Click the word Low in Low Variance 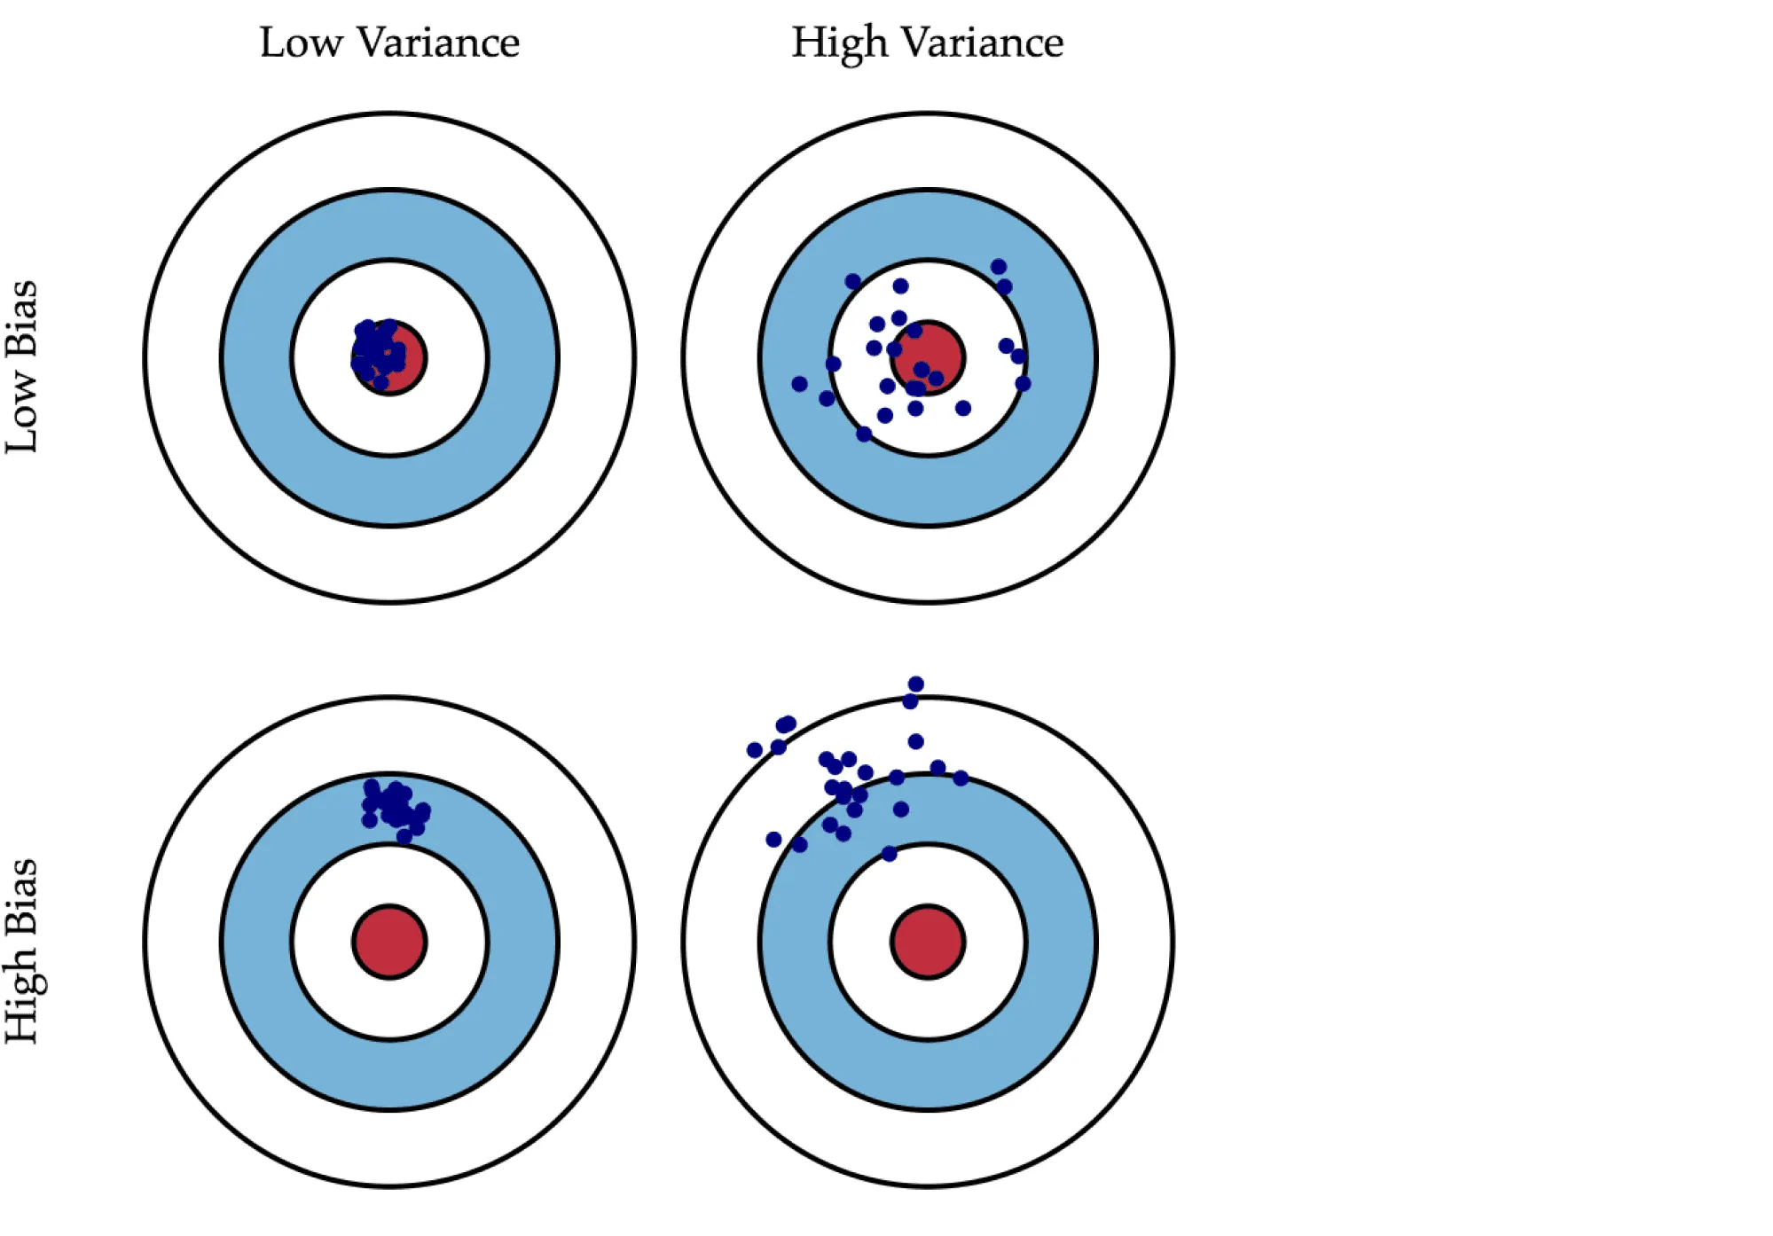[300, 43]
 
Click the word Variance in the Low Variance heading [438, 43]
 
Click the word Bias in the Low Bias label [21, 318]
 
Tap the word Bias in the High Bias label [21, 896]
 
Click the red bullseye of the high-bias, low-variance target [389, 942]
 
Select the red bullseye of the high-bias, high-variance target [928, 942]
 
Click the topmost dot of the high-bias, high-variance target [916, 684]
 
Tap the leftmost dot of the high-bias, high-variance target [755, 750]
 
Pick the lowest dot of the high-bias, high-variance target [889, 853]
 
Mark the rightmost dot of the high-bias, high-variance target [961, 778]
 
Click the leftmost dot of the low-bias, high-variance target [799, 384]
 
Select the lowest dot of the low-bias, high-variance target [864, 434]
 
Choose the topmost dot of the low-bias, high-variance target [998, 266]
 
